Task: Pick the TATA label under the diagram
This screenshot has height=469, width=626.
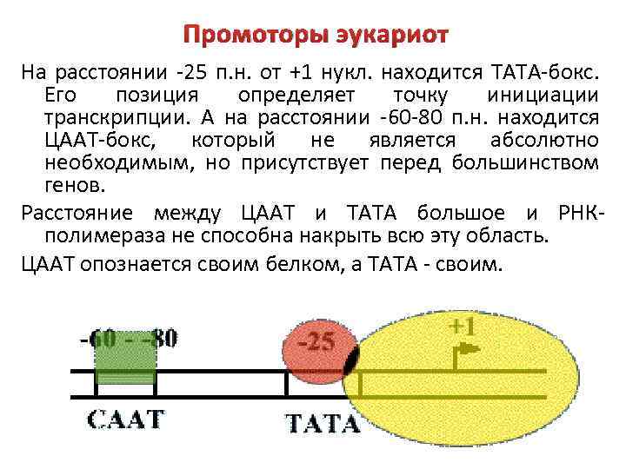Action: point(323,424)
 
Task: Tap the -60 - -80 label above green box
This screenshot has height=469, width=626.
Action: point(129,338)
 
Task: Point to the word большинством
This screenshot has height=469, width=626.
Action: point(530,163)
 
